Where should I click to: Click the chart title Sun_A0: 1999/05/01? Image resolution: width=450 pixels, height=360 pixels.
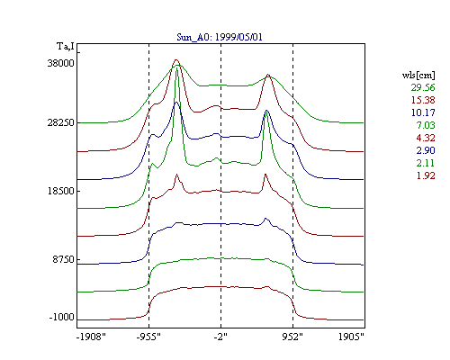[x=220, y=37]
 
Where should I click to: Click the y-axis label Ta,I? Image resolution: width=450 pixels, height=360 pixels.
[x=66, y=47]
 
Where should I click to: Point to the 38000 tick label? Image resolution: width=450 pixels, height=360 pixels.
[x=60, y=63]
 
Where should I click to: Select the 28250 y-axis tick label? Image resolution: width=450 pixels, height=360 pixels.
[x=60, y=122]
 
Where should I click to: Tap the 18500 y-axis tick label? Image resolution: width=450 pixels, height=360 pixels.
[x=60, y=191]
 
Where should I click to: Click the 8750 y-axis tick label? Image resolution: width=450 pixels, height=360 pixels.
[x=63, y=259]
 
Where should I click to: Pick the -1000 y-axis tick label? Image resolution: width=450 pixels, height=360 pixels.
[x=61, y=317]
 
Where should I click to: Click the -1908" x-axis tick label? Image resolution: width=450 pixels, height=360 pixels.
[x=91, y=337]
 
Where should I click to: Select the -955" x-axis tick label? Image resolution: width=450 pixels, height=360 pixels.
[x=148, y=337]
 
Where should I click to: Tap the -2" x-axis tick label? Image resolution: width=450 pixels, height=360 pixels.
[x=220, y=337]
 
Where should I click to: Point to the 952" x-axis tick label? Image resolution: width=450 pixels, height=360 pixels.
[x=292, y=337]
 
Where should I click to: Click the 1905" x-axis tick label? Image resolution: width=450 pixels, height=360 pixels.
[x=351, y=337]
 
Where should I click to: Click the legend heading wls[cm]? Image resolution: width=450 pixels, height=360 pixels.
[x=418, y=75]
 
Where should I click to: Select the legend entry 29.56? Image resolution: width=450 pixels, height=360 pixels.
[x=423, y=87]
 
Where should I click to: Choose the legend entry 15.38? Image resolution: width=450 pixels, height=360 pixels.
[x=423, y=100]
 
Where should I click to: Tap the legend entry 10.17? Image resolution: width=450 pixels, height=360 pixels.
[x=423, y=112]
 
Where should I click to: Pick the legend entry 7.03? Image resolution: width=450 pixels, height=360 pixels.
[x=426, y=125]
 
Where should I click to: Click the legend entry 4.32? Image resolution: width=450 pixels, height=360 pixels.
[x=426, y=138]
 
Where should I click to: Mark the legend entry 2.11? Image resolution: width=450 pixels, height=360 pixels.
[x=426, y=163]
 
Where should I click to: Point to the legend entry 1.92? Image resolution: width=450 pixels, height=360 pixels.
[x=426, y=175]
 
